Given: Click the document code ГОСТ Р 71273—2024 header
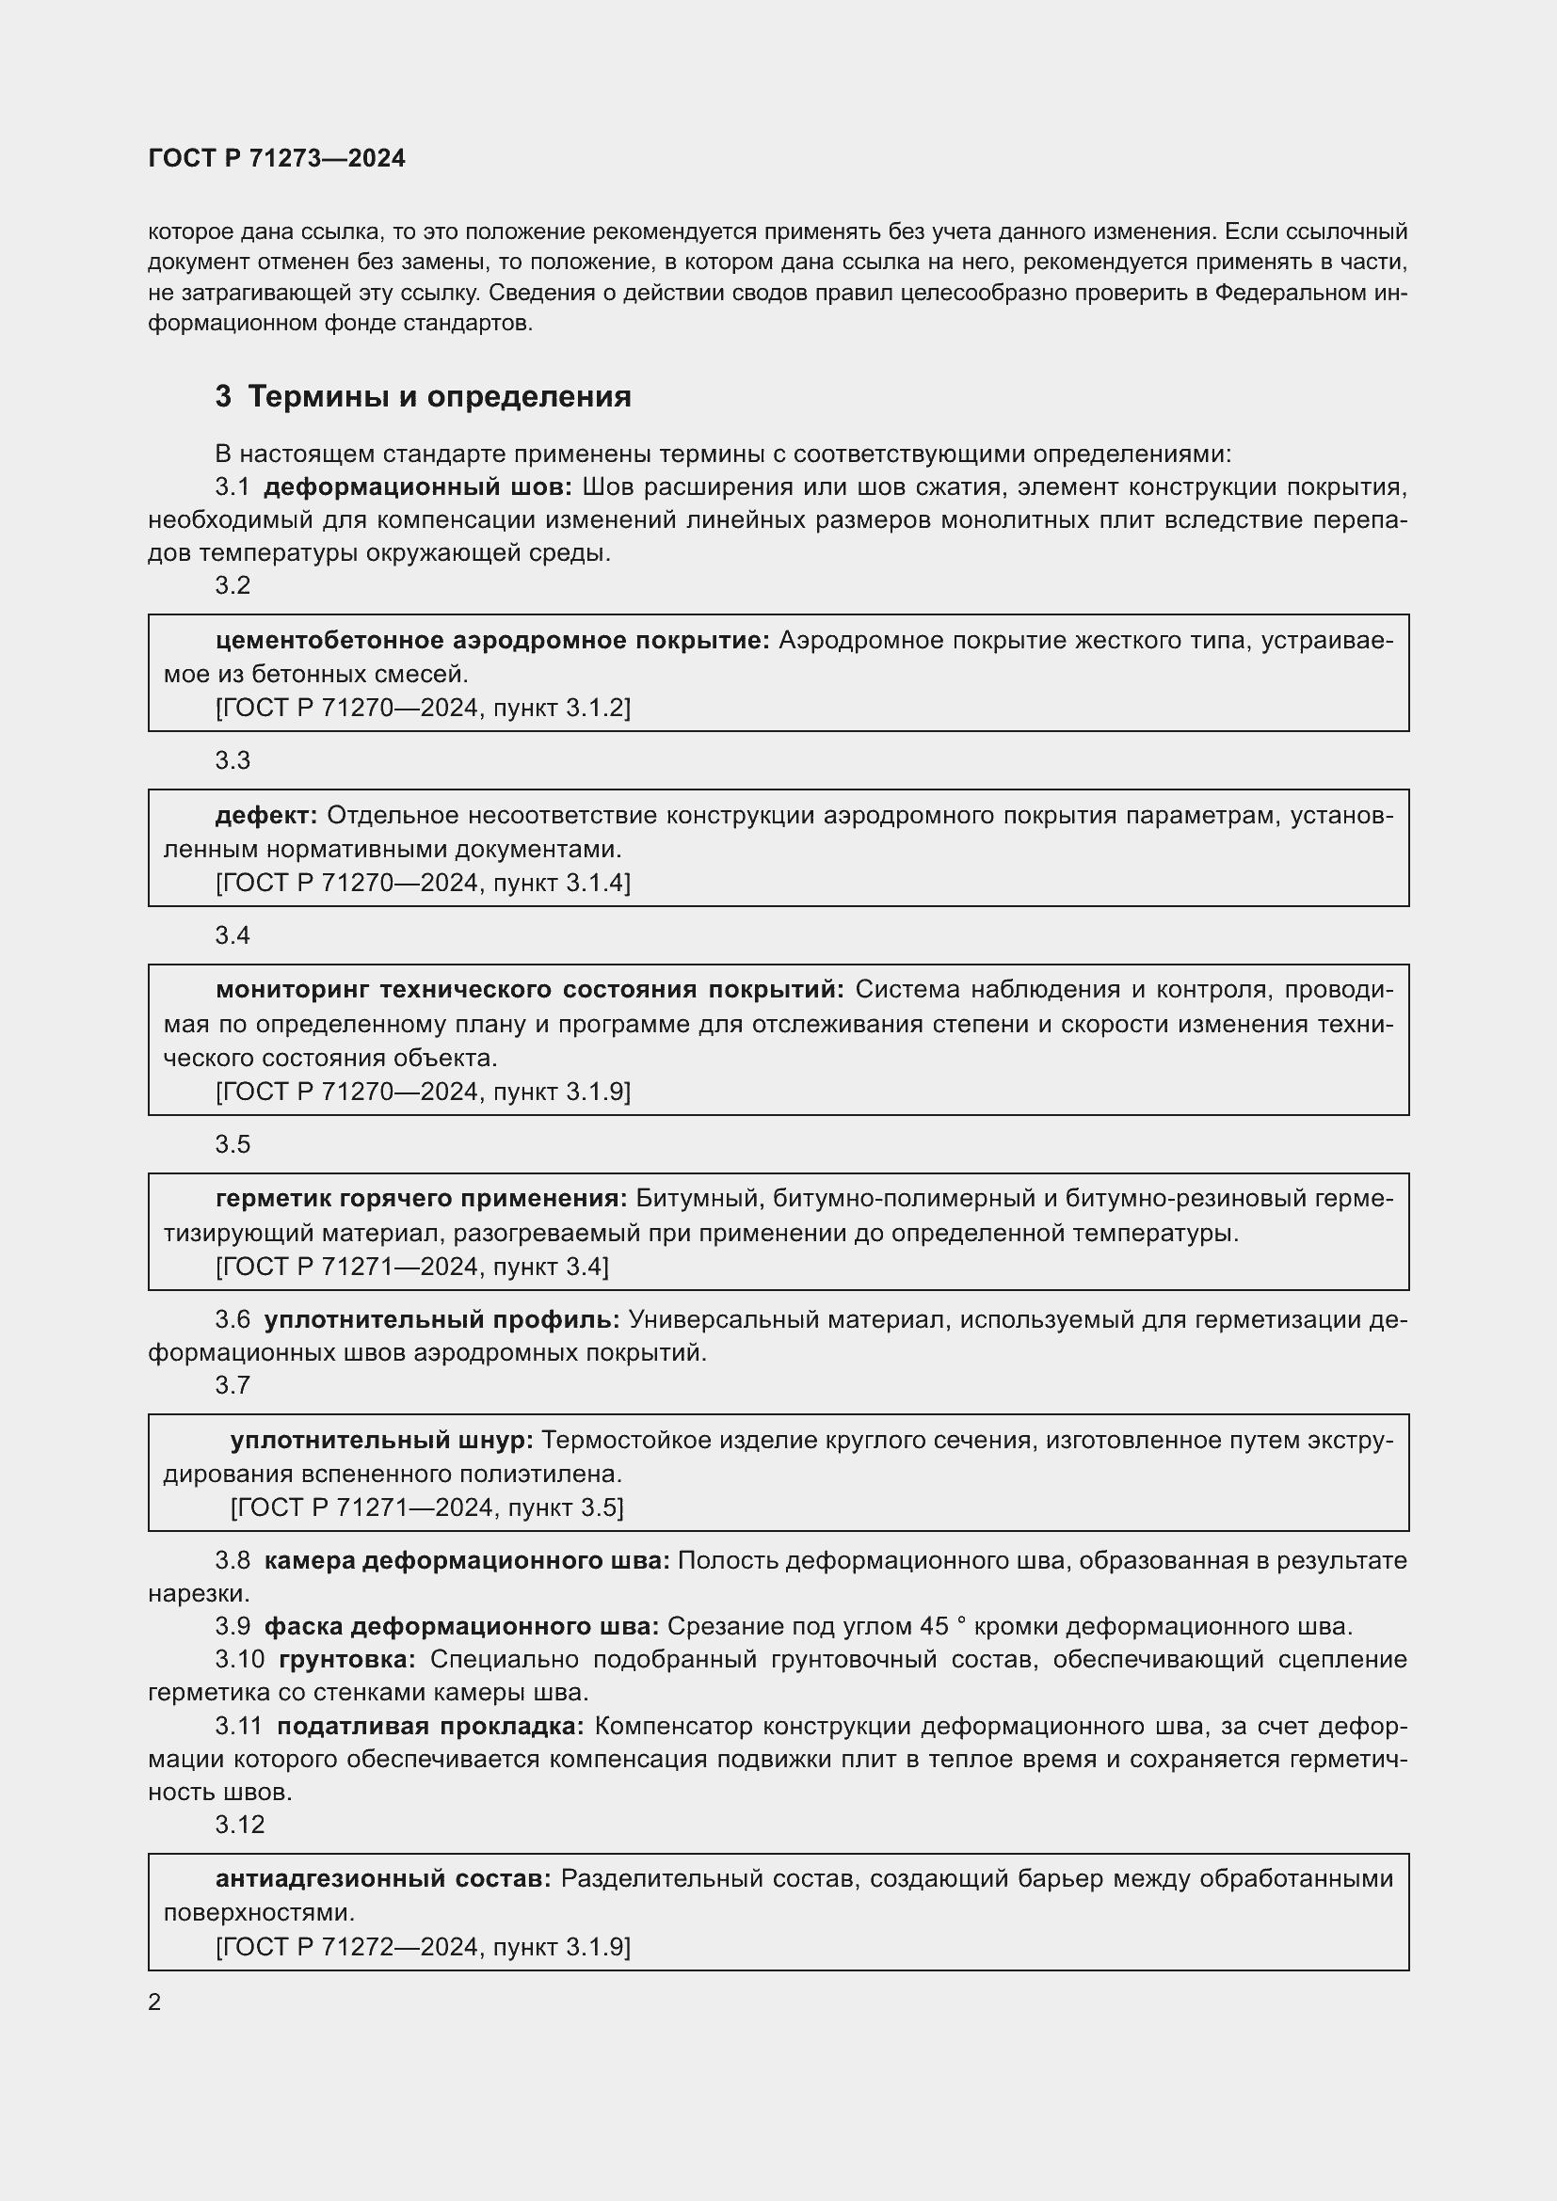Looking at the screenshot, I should (277, 158).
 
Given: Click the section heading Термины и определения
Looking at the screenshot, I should (439, 397).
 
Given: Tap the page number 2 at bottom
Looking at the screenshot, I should (154, 2002).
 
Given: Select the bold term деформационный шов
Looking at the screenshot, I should (417, 487).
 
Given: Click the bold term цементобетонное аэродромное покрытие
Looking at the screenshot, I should (492, 641).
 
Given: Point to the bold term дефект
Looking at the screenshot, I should (265, 816).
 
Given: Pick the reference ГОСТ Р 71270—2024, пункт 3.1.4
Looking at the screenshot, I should (423, 883).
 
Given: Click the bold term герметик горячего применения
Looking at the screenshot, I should (421, 1199).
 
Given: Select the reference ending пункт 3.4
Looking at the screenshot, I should (412, 1268).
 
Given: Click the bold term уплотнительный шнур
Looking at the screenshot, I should (381, 1440).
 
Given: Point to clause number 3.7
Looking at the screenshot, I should (233, 1385).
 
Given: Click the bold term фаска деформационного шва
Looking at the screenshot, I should (461, 1627).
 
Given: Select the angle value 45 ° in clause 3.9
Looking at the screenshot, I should (941, 1627).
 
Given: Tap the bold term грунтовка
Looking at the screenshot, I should (347, 1659).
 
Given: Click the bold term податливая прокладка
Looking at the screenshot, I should (430, 1727).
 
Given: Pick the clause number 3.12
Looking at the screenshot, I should (240, 1826).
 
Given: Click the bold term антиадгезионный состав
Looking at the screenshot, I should (383, 1879).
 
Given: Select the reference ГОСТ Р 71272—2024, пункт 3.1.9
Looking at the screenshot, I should (423, 1947).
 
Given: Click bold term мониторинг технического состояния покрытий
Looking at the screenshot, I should (529, 990).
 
